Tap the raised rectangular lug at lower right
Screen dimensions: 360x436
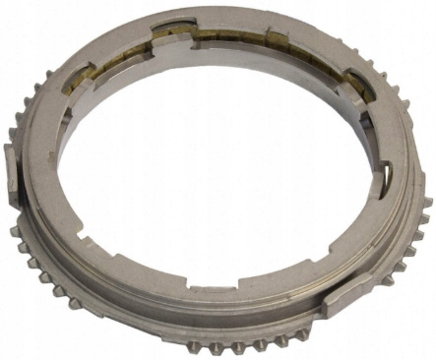click(346, 297)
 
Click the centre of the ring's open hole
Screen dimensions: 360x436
click(212, 167)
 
